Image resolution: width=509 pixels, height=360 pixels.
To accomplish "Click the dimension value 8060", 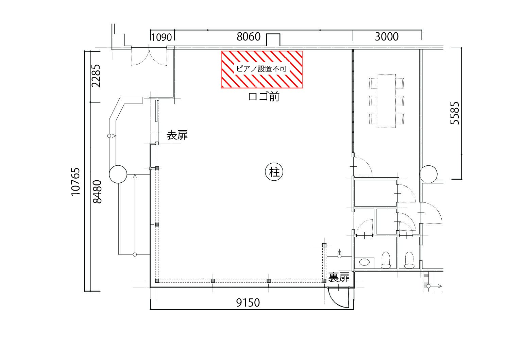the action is coord(248,37).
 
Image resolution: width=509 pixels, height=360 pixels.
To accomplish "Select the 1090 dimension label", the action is coord(161,37).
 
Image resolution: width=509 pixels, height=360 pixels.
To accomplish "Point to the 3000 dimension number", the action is coord(387,37).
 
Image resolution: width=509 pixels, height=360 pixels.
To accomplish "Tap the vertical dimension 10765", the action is coord(76,182).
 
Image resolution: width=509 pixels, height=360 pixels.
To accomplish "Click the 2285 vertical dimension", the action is coord(96,76).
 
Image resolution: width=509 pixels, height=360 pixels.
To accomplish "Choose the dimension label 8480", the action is coord(98,192).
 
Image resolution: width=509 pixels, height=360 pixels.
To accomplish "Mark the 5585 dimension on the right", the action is coord(455,113).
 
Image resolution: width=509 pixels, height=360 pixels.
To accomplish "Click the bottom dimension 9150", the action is coord(248,303).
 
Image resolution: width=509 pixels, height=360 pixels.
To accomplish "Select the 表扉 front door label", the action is coord(177,135).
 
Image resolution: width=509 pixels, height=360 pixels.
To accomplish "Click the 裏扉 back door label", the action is coord(339,277).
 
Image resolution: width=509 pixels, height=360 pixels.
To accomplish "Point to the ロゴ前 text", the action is coord(264,97).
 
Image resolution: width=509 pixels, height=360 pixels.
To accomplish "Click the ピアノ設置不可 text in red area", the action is coord(261,69).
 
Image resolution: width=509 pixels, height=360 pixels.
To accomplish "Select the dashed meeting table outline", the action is coord(387,101).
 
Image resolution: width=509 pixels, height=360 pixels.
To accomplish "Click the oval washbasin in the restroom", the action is coord(364,262).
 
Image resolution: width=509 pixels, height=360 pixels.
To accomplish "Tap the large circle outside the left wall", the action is coord(118,174).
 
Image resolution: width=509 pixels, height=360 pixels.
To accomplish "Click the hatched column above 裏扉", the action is coord(324,245).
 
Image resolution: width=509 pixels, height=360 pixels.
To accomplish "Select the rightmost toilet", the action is coord(409,260).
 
